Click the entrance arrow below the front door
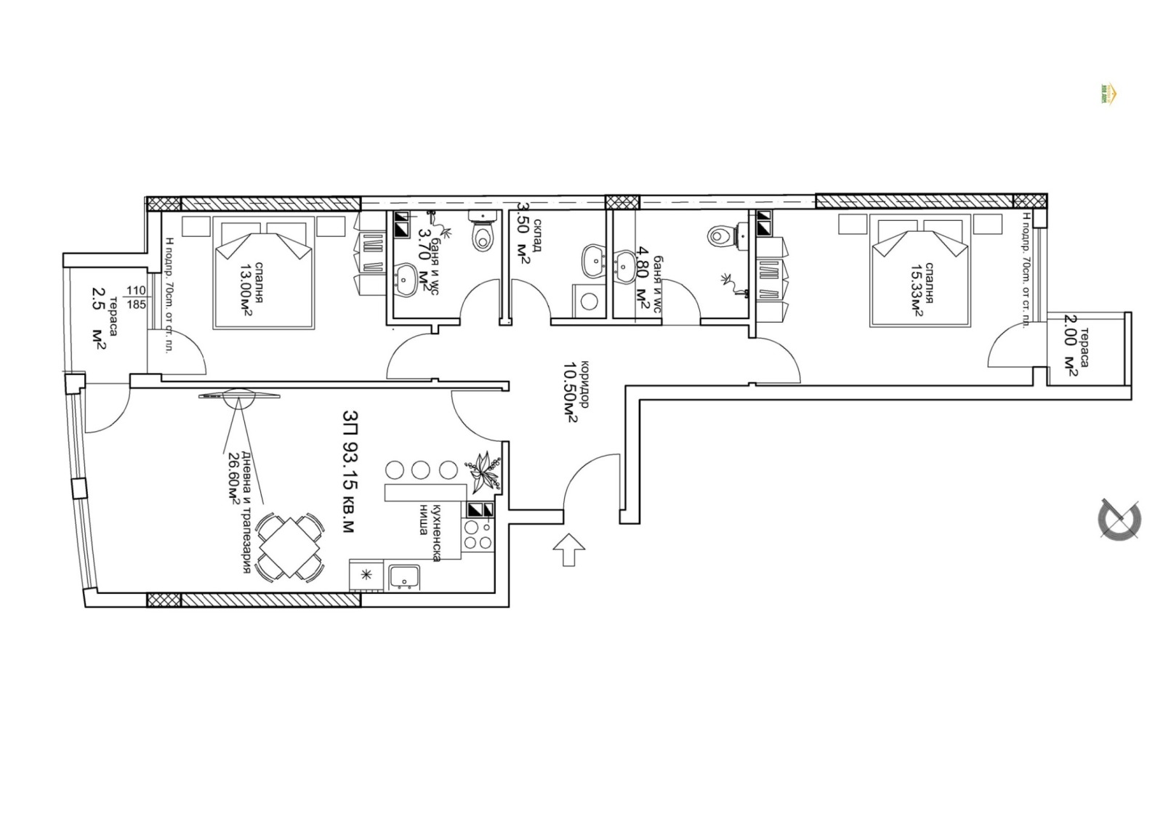[x=569, y=549]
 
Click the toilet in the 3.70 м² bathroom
[x=482, y=232]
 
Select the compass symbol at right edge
[x=1119, y=519]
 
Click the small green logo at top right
[x=1109, y=94]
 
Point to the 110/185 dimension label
[x=136, y=297]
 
